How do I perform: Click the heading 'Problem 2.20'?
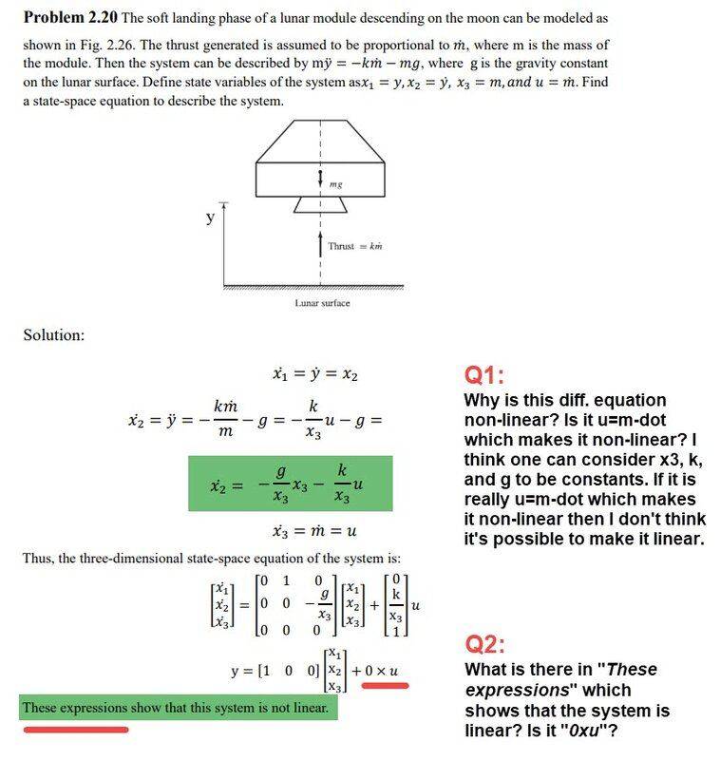click(x=69, y=18)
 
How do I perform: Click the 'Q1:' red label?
click(x=484, y=374)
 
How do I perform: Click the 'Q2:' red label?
click(x=484, y=644)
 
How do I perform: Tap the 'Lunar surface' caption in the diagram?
click(x=322, y=303)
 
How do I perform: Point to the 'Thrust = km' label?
click(x=354, y=246)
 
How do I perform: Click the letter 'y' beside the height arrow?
click(x=210, y=218)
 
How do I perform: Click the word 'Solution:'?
click(x=54, y=335)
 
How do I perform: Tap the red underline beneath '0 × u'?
click(x=378, y=684)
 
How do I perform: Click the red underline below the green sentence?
click(x=75, y=730)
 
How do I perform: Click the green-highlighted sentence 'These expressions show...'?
click(x=176, y=708)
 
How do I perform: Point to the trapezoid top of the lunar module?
click(x=320, y=142)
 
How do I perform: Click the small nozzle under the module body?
click(x=313, y=204)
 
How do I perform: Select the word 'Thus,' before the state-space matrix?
click(x=41, y=558)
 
